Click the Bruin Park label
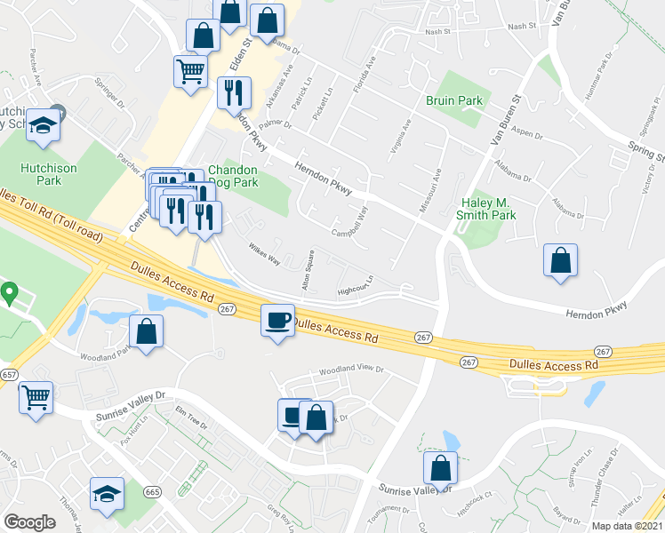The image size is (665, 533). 453,100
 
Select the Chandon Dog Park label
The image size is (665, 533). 233,177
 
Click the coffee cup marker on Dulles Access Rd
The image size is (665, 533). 278,319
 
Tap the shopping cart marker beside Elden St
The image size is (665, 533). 190,70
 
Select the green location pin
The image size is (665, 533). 10,291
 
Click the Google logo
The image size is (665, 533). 29,522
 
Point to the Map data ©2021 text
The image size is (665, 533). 627,526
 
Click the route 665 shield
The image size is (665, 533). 153,491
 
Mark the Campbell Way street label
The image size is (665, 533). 351,226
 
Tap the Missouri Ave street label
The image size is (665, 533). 437,190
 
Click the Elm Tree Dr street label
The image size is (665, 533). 191,418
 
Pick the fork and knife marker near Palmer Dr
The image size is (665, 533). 234,91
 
